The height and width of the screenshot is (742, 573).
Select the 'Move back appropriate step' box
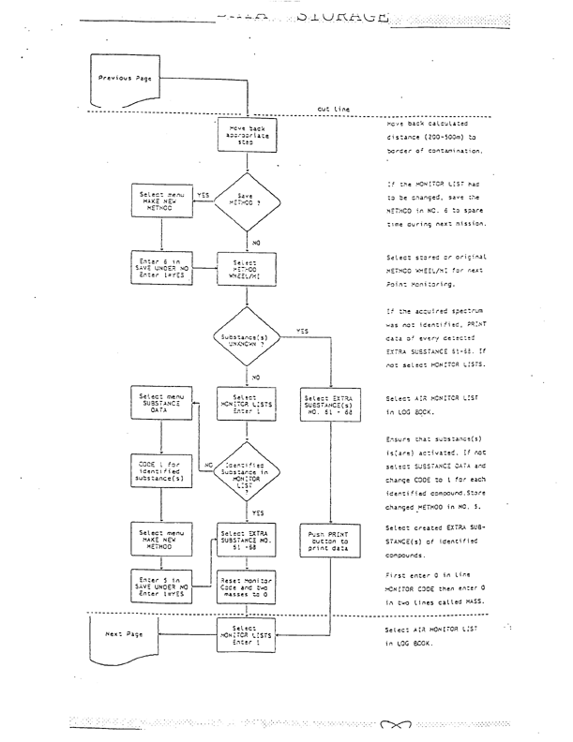click(x=245, y=134)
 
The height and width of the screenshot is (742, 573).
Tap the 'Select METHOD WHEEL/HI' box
click(x=246, y=267)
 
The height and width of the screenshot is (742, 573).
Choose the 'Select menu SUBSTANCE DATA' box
click(x=163, y=404)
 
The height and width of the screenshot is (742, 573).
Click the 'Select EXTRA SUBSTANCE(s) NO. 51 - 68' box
click(x=329, y=404)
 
